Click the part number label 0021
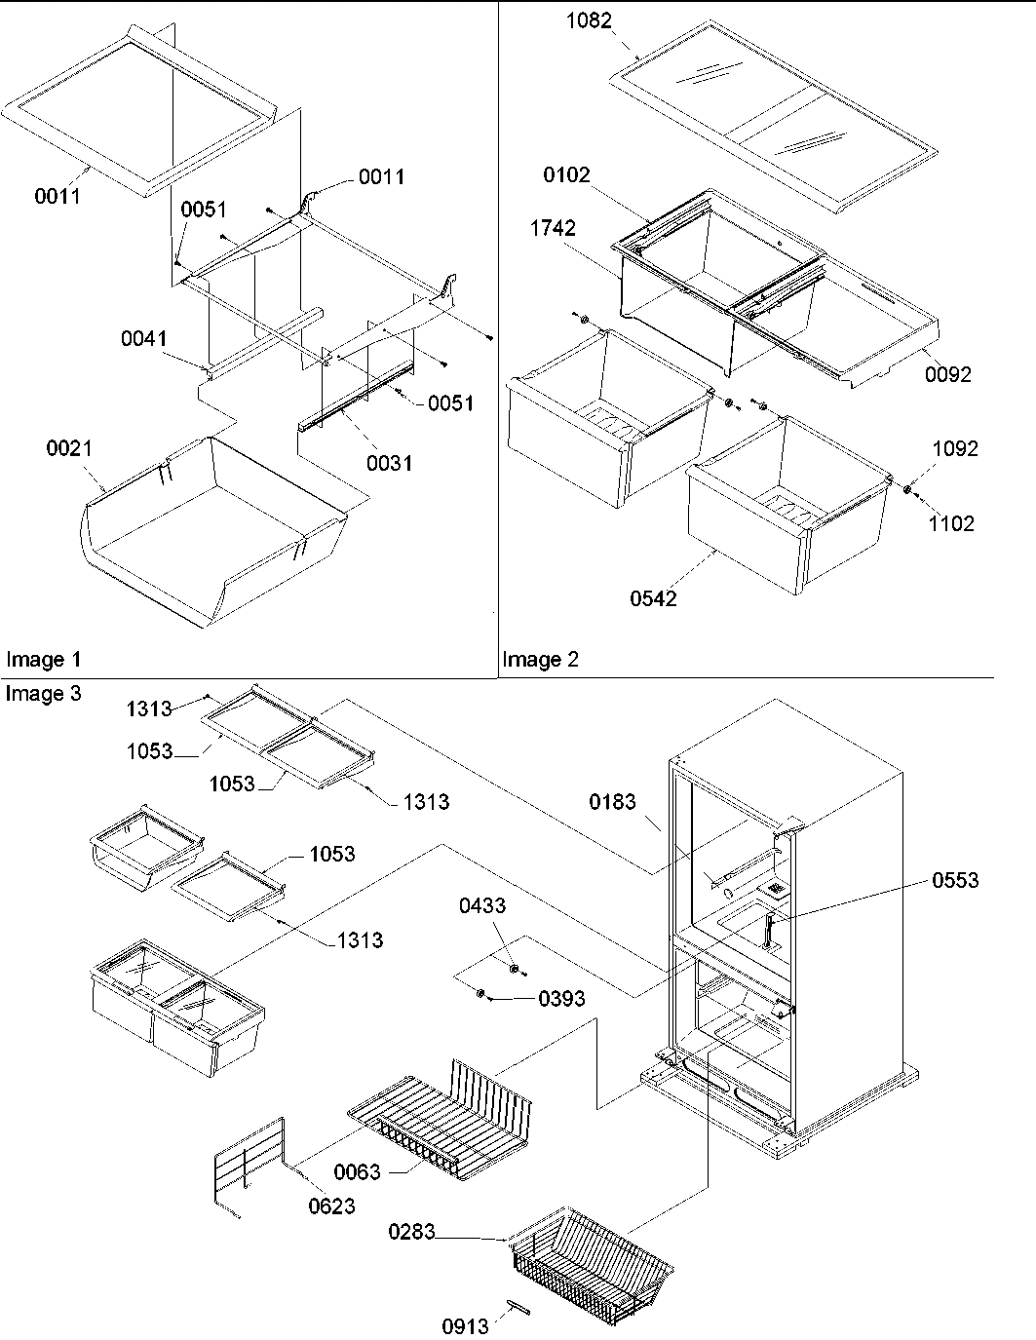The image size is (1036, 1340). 68,448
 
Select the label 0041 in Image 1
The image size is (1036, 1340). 143,339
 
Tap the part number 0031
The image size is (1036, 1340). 389,463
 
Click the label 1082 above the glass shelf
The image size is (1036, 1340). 591,19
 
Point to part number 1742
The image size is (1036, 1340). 553,228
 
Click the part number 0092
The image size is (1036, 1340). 949,374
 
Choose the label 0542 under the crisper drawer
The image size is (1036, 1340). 652,598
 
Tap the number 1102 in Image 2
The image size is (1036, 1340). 951,523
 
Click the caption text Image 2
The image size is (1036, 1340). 540,660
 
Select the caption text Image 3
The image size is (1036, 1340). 43,694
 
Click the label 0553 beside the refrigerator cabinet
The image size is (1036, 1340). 955,880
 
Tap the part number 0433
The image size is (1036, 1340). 482,906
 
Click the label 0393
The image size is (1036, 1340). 561,998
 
